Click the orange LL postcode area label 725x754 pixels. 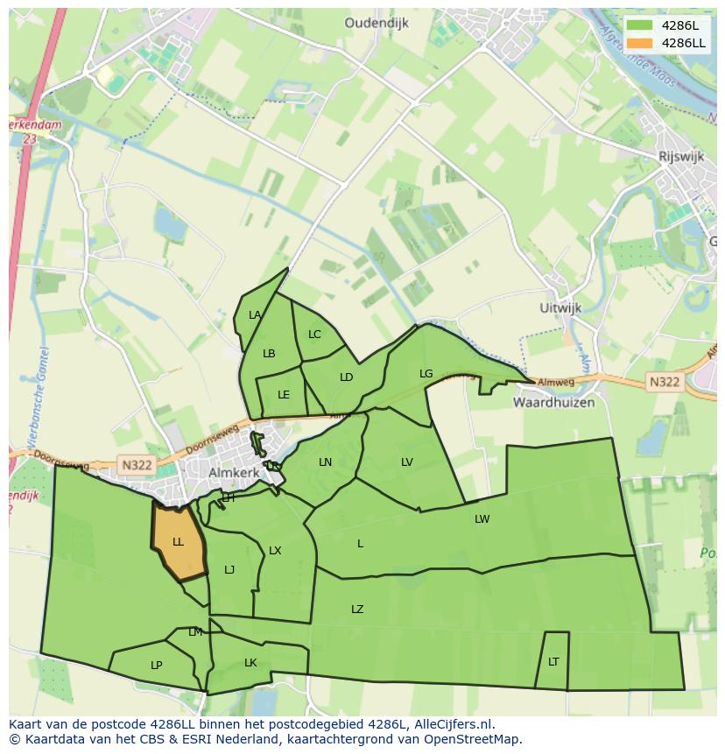(x=178, y=542)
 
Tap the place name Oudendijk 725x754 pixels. (x=377, y=24)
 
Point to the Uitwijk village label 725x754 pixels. (x=561, y=308)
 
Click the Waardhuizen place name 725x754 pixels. (x=553, y=403)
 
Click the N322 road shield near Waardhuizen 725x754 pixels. (x=665, y=382)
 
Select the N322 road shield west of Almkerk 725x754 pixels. (x=137, y=466)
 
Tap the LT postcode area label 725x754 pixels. (x=553, y=662)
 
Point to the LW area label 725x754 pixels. (x=482, y=519)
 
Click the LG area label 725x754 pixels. (x=426, y=374)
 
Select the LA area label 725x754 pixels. (x=255, y=315)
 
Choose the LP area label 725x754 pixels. (x=156, y=666)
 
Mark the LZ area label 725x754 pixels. (x=357, y=610)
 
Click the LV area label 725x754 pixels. (x=407, y=462)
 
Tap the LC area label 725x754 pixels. (x=314, y=335)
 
